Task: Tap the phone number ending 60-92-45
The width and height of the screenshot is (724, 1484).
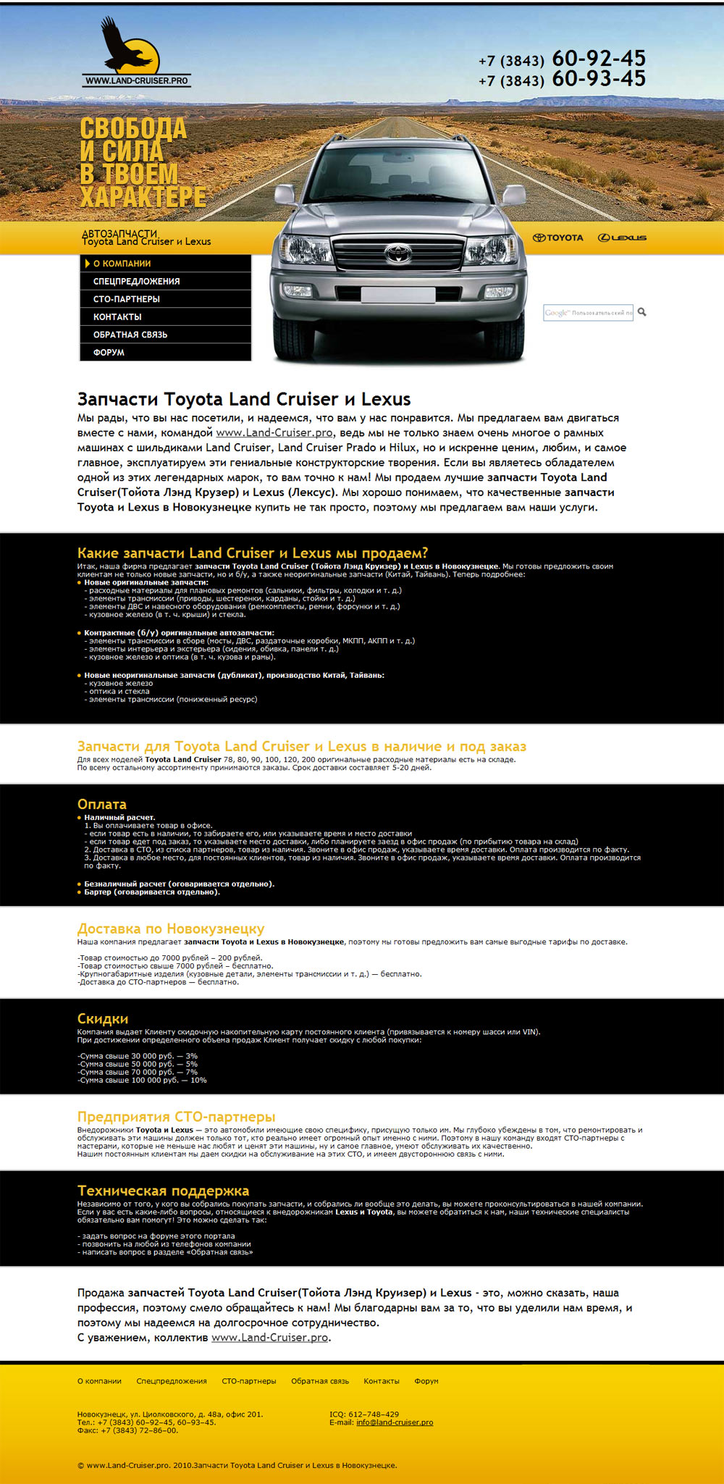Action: [x=562, y=59]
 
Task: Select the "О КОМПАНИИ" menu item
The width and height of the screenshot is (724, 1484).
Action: [x=122, y=264]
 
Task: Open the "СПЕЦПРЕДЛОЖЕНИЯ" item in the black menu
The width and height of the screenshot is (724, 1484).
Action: [x=137, y=281]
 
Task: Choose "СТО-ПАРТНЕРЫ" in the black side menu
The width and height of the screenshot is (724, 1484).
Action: [x=127, y=299]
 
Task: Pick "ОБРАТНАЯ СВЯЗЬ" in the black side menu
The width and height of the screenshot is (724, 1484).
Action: [x=130, y=335]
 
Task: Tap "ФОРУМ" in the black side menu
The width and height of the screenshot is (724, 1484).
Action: [x=109, y=353]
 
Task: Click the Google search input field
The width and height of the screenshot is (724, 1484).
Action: [x=588, y=313]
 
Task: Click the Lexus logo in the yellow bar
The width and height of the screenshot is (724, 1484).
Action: [x=622, y=238]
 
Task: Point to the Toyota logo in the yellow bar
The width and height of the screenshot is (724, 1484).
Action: [x=558, y=238]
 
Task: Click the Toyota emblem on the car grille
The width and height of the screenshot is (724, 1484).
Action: [x=397, y=253]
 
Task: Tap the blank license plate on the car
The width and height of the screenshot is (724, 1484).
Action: [x=397, y=295]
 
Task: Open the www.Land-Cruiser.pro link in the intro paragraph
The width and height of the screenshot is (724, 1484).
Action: [x=274, y=433]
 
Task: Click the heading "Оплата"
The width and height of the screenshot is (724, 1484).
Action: [x=102, y=804]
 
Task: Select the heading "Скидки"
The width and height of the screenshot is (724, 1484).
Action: [x=103, y=1019]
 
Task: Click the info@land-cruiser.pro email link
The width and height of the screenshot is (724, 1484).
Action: [x=395, y=1422]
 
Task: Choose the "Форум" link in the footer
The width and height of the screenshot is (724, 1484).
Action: [x=426, y=1381]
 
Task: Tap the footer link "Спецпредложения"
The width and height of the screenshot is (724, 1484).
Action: [x=172, y=1381]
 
